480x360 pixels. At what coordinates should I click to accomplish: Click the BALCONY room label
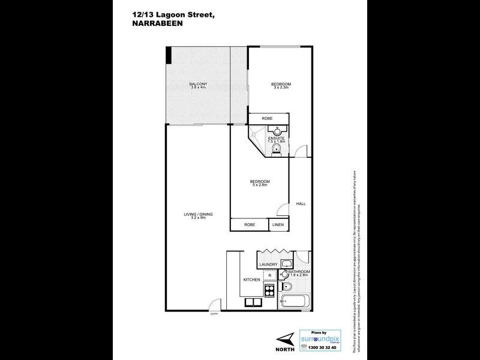[197, 83]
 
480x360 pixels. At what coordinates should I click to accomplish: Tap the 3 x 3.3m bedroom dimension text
[280, 88]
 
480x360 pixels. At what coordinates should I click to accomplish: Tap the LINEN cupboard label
[277, 224]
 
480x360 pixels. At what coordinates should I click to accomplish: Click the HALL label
[301, 204]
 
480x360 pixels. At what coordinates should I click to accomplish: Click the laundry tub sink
[286, 263]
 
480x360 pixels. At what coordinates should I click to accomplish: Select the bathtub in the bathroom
[294, 301]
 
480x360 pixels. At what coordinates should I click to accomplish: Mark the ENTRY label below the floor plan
[214, 314]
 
